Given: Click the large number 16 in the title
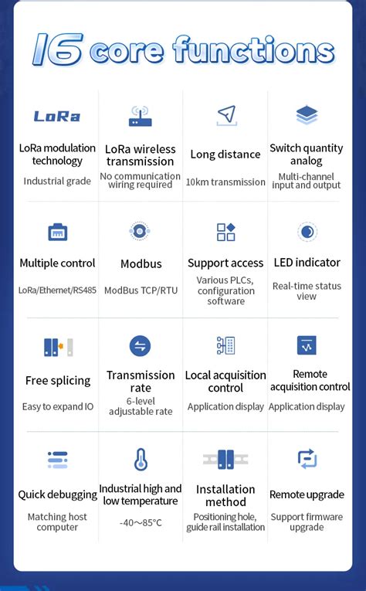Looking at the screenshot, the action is [x=57, y=50].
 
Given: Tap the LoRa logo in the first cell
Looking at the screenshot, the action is [x=57, y=117].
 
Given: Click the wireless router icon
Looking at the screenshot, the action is [x=141, y=117].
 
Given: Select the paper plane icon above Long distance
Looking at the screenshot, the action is [x=225, y=116].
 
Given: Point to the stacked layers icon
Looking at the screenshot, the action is [x=307, y=115].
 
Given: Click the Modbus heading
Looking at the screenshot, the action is [x=141, y=264].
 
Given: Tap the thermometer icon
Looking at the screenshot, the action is [x=141, y=460].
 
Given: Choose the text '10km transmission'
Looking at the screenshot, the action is [x=225, y=182].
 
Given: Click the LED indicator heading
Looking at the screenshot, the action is [x=307, y=263].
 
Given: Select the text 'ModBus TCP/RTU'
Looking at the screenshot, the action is [x=141, y=290].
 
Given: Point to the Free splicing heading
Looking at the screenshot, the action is [x=58, y=381].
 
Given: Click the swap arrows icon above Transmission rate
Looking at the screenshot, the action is [x=141, y=346].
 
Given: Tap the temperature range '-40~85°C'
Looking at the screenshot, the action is [x=141, y=522].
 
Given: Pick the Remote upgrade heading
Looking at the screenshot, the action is [x=307, y=494].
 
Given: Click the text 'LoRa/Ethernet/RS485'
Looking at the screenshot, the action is [x=57, y=290].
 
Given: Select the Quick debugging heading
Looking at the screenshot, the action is [x=58, y=494].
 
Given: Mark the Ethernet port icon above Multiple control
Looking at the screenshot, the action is [x=58, y=232].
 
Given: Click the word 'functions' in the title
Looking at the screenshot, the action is [x=254, y=52].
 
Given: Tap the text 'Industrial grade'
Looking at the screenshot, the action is [x=57, y=182].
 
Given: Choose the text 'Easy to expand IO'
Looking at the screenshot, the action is [x=58, y=406].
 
